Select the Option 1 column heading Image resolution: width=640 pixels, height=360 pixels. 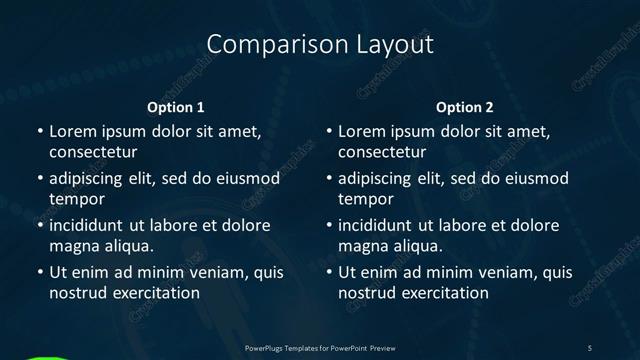coord(176,107)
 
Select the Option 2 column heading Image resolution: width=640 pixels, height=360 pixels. coord(465,107)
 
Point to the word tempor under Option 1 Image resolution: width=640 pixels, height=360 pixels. coord(76,199)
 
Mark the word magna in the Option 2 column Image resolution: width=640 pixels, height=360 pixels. coord(362,246)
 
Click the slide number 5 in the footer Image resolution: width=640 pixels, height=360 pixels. coord(590,347)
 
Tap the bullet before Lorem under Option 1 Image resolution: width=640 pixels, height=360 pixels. coord(39,132)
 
